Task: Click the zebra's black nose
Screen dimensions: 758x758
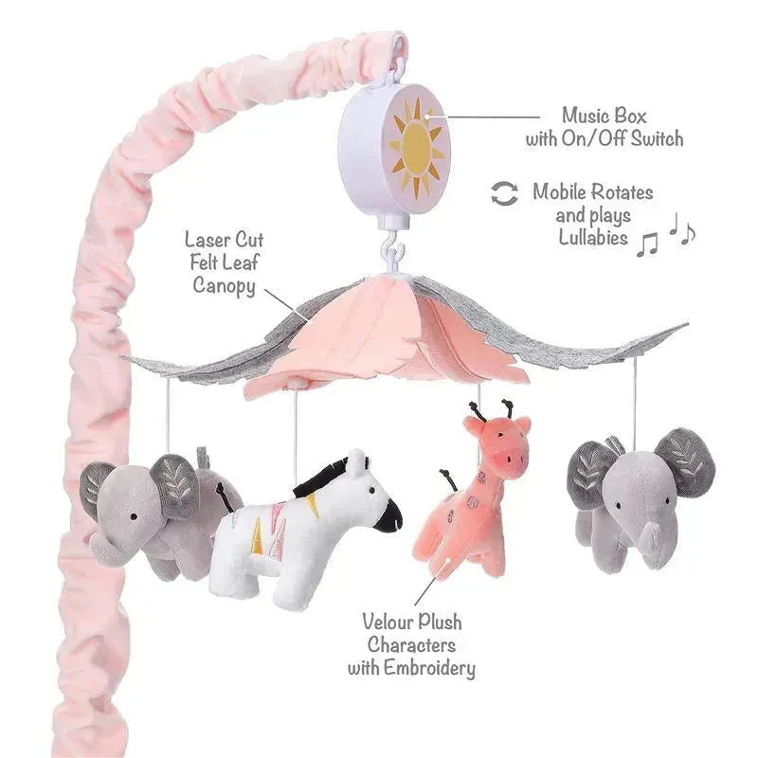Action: [388, 516]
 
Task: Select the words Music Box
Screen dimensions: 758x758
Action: [604, 116]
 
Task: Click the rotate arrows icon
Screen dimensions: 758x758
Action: [504, 193]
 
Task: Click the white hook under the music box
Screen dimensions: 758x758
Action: [391, 252]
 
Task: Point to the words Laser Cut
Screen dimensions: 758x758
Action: [225, 240]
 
